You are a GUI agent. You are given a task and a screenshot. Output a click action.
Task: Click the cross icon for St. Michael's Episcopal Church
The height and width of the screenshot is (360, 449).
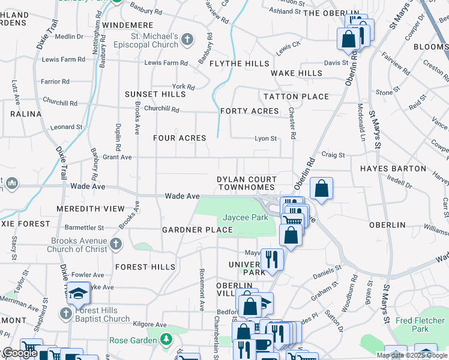[187, 40]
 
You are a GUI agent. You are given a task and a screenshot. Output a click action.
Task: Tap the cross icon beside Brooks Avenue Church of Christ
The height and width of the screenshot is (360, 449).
[116, 244]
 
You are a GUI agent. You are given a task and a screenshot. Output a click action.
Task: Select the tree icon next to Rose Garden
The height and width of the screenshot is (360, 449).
[166, 340]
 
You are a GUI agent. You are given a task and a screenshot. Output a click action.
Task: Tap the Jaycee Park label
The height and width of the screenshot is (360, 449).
[246, 218]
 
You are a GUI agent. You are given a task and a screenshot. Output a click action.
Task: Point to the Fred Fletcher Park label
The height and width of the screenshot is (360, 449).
[420, 325]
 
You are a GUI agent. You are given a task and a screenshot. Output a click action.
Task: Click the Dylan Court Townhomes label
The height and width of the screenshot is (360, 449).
[247, 184]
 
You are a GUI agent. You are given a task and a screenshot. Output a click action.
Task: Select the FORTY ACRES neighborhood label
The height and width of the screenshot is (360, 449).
[249, 111]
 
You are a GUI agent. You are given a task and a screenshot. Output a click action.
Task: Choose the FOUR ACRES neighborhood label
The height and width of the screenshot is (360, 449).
[179, 138]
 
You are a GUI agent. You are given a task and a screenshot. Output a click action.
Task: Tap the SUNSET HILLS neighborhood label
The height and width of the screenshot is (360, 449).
[155, 94]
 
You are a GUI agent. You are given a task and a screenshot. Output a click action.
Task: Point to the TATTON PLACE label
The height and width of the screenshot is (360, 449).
[297, 97]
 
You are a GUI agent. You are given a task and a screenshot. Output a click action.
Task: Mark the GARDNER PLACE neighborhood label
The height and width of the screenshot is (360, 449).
[197, 230]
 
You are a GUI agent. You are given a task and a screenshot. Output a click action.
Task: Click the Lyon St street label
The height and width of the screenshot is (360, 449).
[265, 139]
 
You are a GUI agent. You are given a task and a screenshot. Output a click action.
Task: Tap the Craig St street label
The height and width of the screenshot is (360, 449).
[333, 155]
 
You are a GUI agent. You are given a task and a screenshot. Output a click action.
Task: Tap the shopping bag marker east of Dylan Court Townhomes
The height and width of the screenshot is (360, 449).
[322, 189]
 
